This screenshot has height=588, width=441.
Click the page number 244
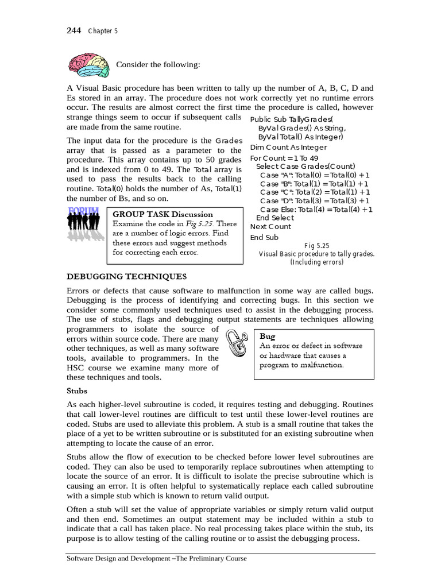coord(75,30)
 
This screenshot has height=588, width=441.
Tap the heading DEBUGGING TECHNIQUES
coord(127,277)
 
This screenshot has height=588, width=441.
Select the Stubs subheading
coord(78,390)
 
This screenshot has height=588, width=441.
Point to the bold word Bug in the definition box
coord(268,336)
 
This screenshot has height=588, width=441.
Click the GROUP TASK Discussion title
coord(163,214)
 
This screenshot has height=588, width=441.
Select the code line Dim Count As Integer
coord(288,147)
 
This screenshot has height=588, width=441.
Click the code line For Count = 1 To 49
coord(284,158)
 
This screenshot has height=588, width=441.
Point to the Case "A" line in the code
coord(315,175)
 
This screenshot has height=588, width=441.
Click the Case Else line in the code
coord(316,210)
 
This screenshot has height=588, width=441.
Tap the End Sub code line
coord(264,237)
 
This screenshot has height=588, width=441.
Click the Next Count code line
coord(270,226)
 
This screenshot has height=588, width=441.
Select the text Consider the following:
coord(158,64)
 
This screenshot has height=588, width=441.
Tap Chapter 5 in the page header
coord(103,31)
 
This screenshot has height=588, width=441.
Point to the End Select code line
coord(274,218)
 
